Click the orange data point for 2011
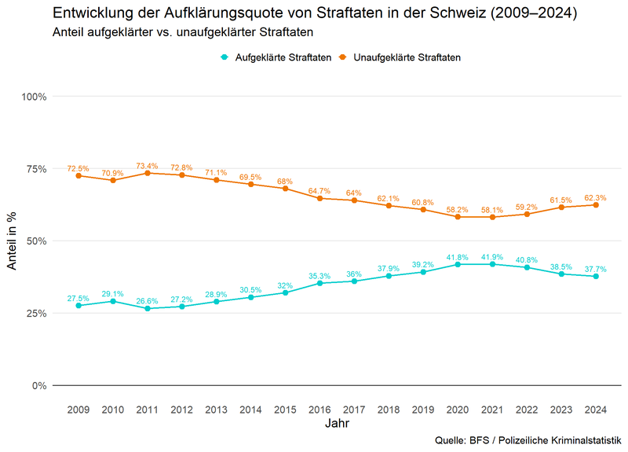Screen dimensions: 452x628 tap(147, 173)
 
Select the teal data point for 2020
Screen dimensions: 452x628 tap(458, 264)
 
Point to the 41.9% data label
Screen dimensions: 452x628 tap(492, 257)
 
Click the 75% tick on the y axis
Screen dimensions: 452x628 tap(35, 168)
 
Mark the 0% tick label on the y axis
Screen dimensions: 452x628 tap(38, 385)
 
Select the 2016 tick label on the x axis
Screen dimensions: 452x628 tap(319, 409)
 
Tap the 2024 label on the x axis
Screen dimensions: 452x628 tap(596, 409)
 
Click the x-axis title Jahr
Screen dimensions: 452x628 tap(337, 424)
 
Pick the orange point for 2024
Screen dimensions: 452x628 tap(596, 204)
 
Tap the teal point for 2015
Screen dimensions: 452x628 tap(285, 292)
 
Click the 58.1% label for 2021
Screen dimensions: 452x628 tap(492, 211)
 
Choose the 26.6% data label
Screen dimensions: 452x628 tap(147, 301)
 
